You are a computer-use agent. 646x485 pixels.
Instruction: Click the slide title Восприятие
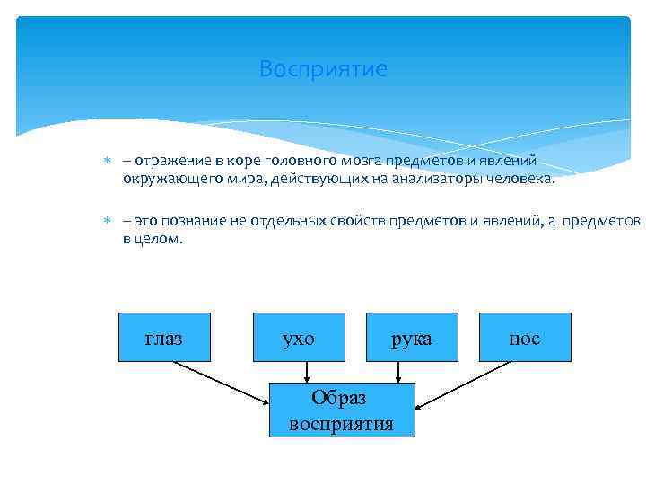click(x=323, y=69)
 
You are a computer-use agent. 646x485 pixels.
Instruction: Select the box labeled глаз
click(x=164, y=338)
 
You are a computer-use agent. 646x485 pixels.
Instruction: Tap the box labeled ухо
click(x=299, y=338)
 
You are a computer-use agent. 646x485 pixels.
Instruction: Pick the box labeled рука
click(x=412, y=338)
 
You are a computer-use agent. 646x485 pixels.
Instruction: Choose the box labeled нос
click(x=525, y=338)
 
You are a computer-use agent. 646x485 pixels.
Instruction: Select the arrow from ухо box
click(x=308, y=372)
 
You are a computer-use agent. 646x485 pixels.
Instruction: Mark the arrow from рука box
click(x=398, y=372)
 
